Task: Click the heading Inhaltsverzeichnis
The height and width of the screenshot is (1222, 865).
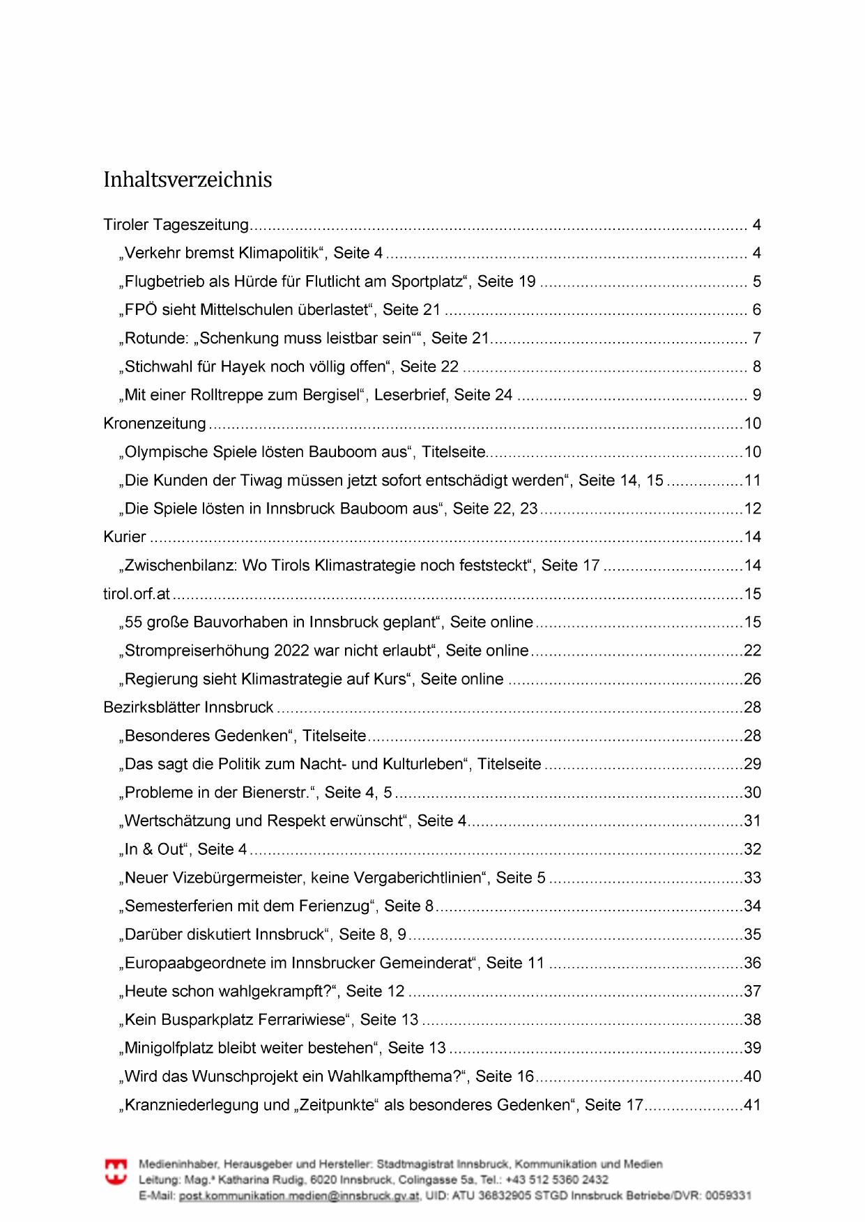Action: tap(187, 180)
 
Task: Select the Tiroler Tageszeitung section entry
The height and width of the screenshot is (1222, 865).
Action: tap(176, 225)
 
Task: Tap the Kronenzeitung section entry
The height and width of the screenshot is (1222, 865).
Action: tap(155, 424)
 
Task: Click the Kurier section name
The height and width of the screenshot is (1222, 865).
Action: tap(125, 537)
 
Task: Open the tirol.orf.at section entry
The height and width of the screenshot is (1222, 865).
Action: tap(137, 594)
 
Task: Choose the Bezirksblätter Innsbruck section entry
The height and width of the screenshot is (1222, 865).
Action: tap(188, 708)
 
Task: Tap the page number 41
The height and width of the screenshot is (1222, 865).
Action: tap(752, 1105)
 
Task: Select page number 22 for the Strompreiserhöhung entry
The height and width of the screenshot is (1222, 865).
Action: tap(752, 651)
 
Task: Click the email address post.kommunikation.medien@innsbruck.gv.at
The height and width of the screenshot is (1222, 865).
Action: tap(299, 1196)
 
